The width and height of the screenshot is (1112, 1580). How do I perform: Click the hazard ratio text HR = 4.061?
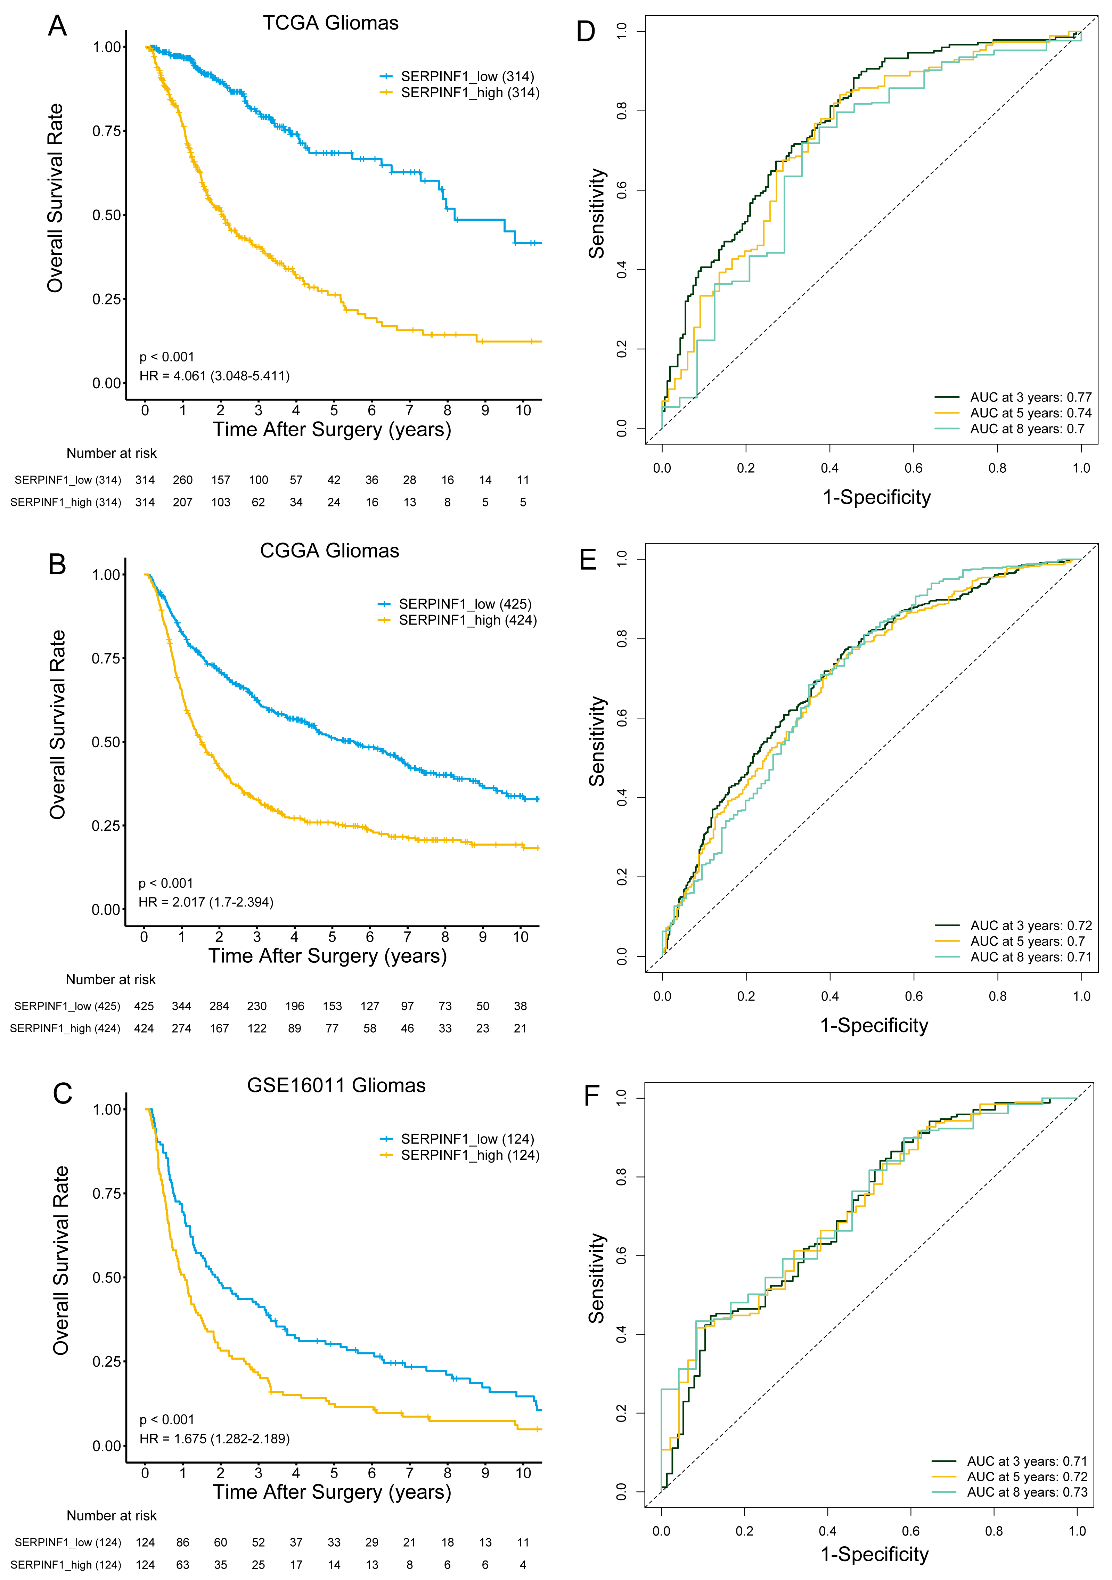point(214,376)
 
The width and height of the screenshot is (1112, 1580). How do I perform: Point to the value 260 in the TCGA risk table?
point(182,480)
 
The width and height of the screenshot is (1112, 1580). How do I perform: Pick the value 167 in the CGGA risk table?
point(219,1028)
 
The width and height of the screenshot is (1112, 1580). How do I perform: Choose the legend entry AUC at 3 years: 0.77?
point(1030,397)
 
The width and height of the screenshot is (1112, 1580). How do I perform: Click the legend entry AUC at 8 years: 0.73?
point(1027,1492)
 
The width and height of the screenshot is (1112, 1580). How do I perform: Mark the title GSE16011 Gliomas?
point(336,1085)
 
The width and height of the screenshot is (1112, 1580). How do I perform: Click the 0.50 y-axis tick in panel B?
point(107,742)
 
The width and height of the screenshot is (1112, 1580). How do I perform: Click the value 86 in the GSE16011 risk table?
point(182,1542)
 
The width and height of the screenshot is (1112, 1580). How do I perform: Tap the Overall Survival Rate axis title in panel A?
point(55,198)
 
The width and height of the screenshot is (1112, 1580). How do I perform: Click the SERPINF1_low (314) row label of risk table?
point(67,480)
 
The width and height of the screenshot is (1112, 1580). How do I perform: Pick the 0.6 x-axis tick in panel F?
point(910,1531)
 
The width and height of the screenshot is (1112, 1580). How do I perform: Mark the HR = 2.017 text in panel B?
point(206,902)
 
